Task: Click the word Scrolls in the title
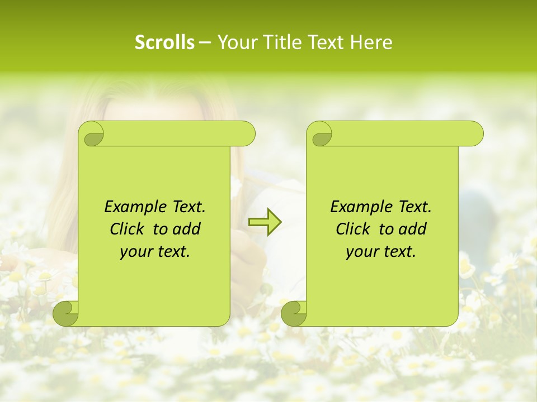(x=164, y=42)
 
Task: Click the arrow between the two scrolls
(x=265, y=222)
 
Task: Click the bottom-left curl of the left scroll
(x=65, y=313)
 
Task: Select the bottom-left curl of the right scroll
(x=293, y=313)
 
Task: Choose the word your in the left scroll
(x=135, y=252)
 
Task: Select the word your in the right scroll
(x=361, y=252)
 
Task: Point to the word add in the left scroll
(x=187, y=229)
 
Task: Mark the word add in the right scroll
(x=413, y=229)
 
